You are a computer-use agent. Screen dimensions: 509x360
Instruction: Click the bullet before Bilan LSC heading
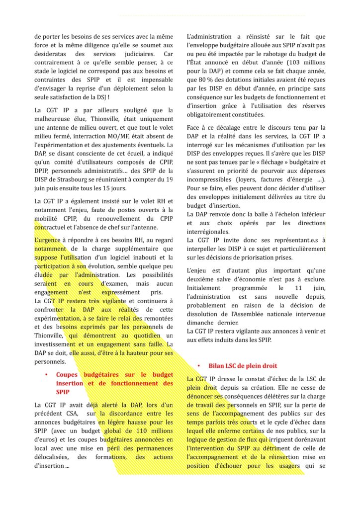(x=198, y=365)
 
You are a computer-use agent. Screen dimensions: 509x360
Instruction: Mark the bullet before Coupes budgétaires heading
(x=46, y=374)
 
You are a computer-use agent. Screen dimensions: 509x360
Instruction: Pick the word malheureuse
(x=55, y=119)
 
